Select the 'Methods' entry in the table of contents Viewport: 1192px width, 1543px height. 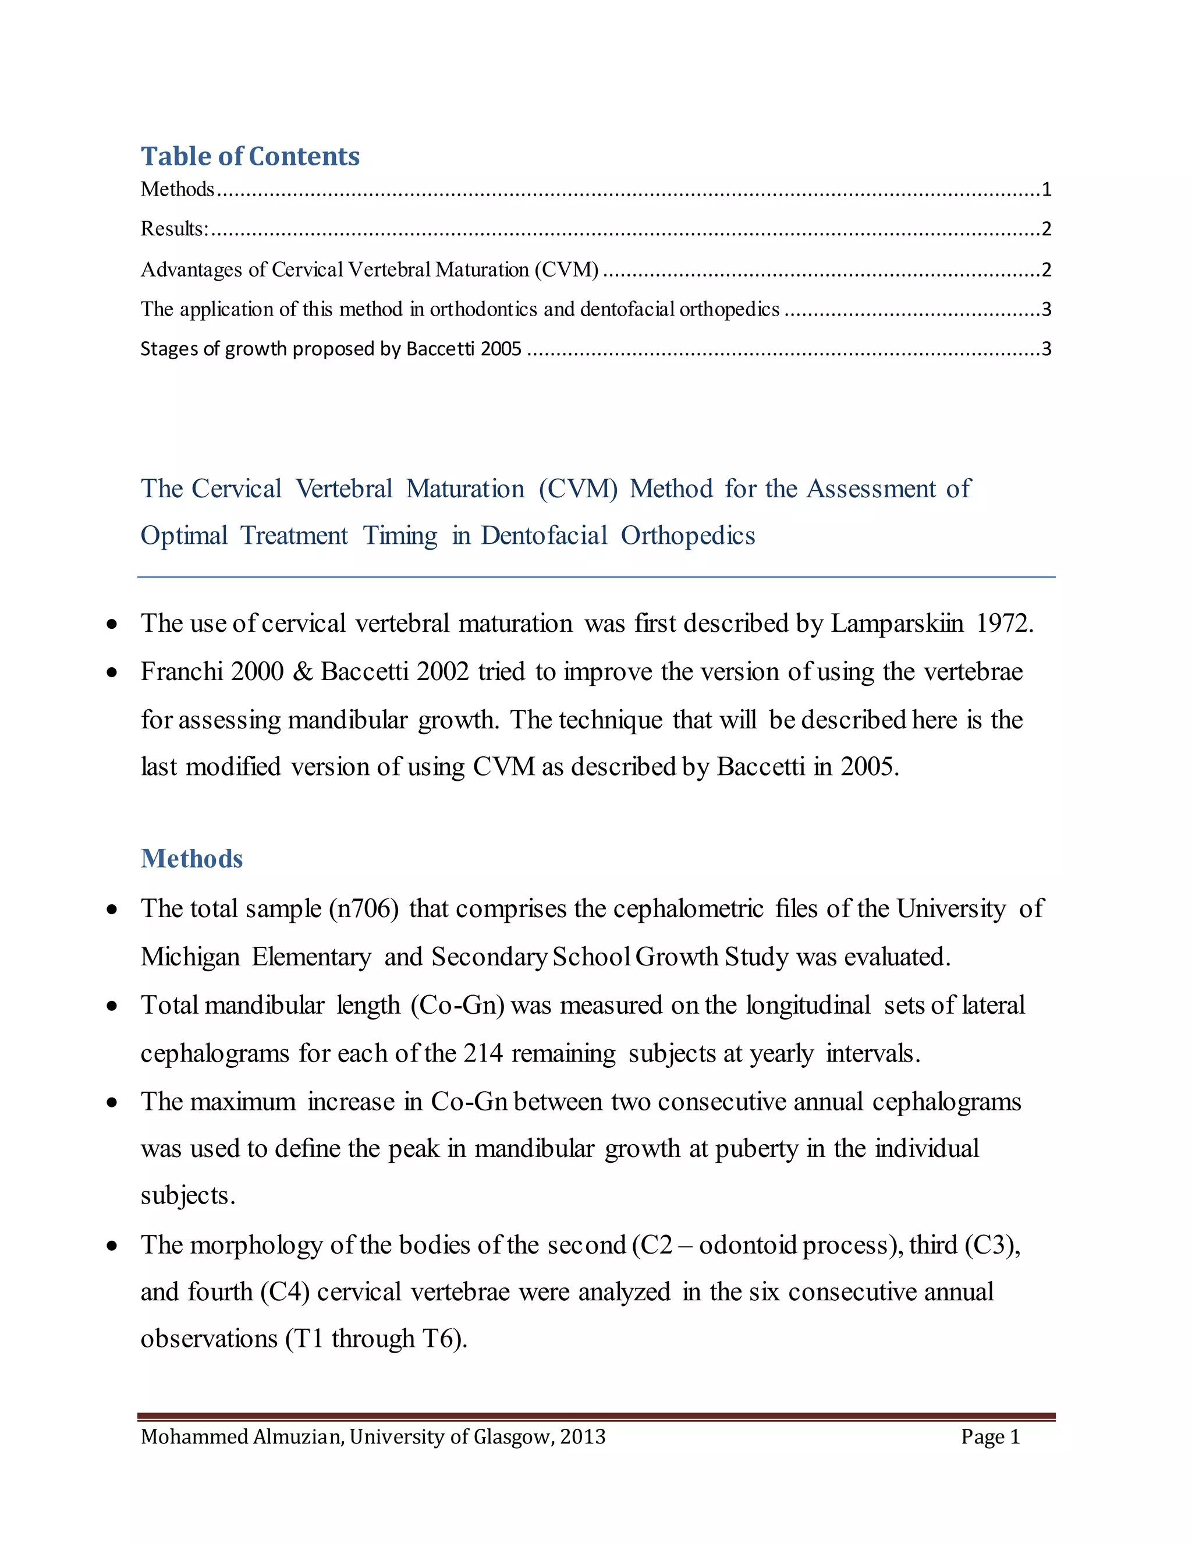(x=178, y=189)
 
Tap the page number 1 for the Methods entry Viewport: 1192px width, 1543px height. (x=1046, y=189)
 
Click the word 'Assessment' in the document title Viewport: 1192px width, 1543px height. (x=871, y=489)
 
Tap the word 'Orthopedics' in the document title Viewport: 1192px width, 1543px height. (x=688, y=536)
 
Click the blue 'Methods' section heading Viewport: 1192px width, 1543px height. (x=191, y=858)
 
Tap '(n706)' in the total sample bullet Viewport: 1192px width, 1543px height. (x=364, y=908)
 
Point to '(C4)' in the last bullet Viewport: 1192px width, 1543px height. (x=285, y=1292)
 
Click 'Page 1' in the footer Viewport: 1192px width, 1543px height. (x=990, y=1437)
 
